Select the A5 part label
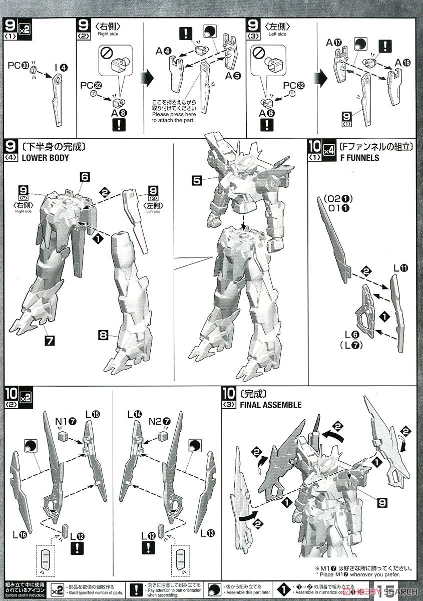pos(233,76)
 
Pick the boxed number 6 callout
pos(84,176)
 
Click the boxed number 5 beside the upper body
pos(197,179)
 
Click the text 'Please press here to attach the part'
pos(175,117)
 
